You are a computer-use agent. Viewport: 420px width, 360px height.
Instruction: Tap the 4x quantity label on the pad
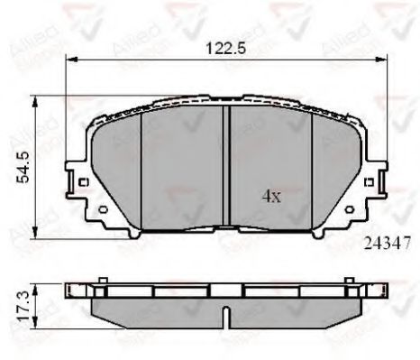[271, 194]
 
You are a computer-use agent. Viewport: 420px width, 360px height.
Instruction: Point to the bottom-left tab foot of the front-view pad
[135, 233]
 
